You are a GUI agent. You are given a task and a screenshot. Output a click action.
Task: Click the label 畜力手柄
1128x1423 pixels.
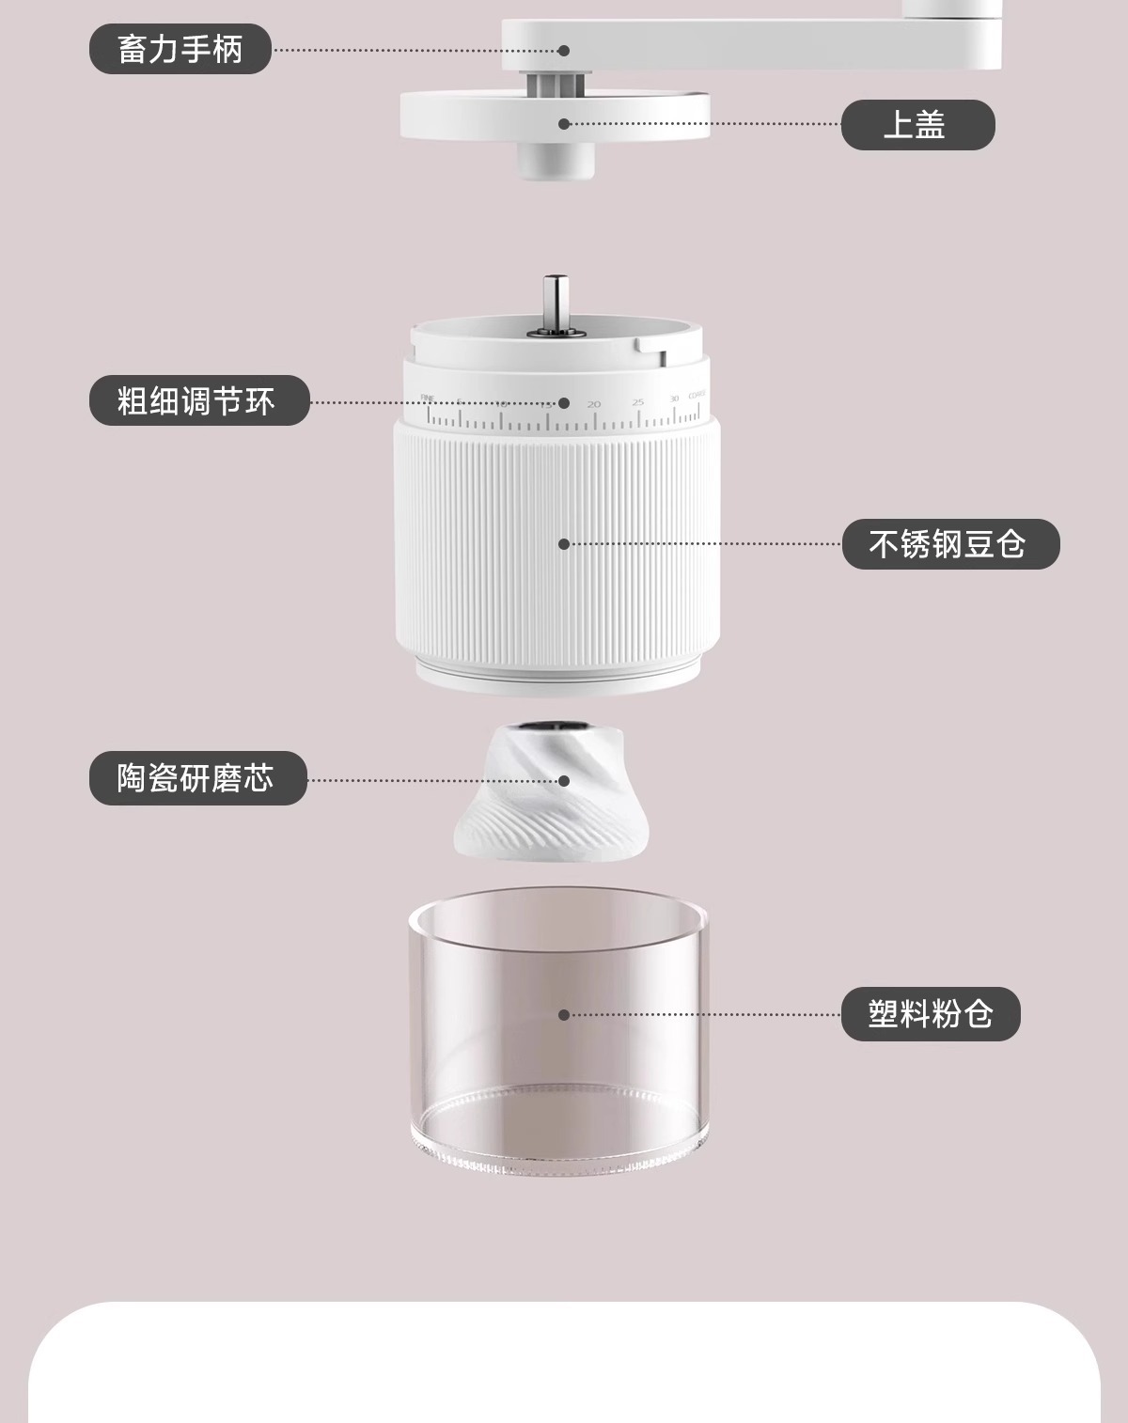[180, 49]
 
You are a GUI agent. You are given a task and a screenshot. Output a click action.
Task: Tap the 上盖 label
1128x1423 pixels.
[916, 125]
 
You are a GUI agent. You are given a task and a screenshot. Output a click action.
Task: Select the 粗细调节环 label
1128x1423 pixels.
[198, 401]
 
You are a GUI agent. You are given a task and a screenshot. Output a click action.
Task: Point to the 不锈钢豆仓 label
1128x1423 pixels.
[949, 544]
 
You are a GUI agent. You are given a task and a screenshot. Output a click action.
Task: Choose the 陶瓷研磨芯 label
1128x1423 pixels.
[197, 778]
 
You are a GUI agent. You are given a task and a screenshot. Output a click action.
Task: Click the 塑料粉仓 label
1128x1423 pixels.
[930, 1014]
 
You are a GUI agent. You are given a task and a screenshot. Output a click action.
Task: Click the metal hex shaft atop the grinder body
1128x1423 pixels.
[555, 303]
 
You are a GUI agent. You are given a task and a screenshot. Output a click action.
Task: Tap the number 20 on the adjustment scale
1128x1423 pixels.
[593, 404]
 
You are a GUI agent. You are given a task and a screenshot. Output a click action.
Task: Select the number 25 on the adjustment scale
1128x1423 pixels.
[638, 402]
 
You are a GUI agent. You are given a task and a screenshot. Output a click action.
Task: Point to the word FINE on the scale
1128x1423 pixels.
[429, 397]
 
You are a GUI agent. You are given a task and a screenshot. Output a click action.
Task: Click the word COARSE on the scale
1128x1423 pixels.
[697, 396]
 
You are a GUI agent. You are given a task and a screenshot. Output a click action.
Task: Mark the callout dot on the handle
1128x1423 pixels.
[564, 51]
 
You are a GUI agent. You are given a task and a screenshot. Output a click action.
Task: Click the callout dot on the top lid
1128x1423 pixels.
[564, 124]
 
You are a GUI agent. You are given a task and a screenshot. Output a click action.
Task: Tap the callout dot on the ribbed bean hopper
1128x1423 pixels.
[564, 544]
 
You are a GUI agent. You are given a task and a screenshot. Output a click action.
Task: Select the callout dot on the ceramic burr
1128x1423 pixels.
[564, 780]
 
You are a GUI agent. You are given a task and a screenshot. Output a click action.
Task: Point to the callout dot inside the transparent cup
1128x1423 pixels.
[564, 1015]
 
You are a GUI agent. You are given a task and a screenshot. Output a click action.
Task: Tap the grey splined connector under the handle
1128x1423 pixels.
[554, 85]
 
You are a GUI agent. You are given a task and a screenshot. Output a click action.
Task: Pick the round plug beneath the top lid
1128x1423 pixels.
[555, 161]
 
